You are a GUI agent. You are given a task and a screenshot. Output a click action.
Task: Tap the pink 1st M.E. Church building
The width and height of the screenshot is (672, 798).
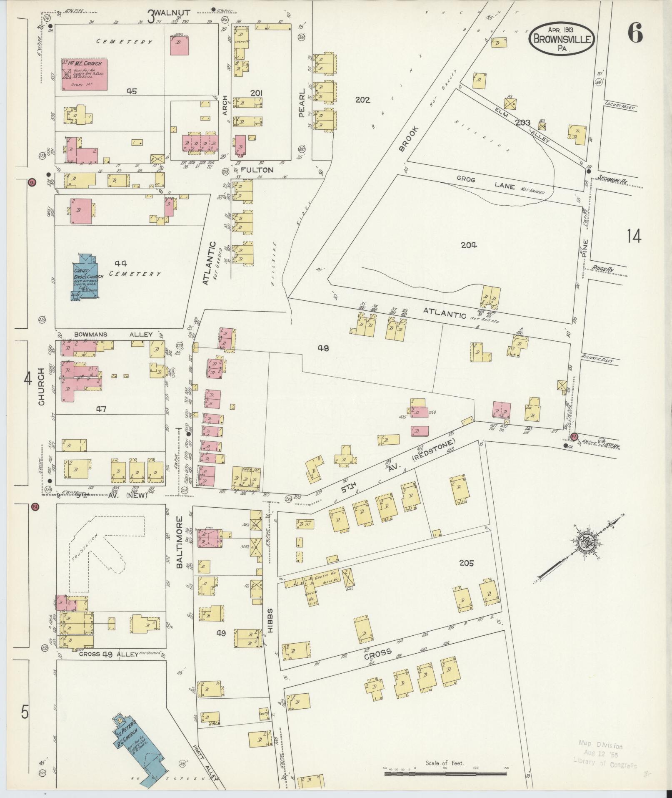(x=85, y=74)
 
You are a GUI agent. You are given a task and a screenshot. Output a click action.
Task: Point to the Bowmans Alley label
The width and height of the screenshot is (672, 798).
(x=113, y=335)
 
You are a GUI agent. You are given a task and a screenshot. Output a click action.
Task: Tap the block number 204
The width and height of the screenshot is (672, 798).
(x=469, y=245)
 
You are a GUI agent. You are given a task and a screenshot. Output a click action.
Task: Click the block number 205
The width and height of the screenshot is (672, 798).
(x=466, y=563)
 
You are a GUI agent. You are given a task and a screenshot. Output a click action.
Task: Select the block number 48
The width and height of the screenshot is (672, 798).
(x=323, y=347)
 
